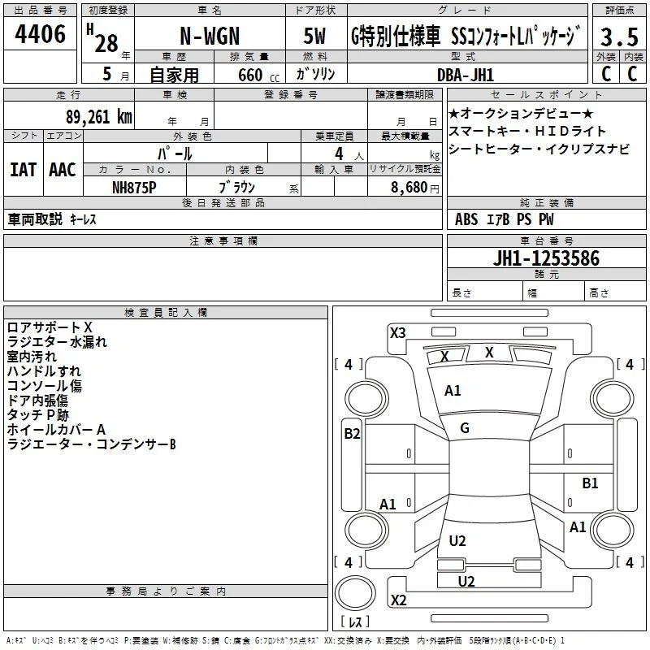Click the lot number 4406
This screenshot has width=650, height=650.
[40, 34]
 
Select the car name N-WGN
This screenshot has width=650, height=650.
[210, 36]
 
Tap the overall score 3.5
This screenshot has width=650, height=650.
[619, 37]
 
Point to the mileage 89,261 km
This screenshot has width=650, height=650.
[98, 116]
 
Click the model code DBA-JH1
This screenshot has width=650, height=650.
[466, 75]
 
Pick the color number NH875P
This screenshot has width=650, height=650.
[134, 188]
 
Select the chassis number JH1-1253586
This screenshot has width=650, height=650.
[546, 258]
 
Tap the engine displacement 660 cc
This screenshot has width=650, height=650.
[258, 75]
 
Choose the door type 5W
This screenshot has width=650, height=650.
[314, 36]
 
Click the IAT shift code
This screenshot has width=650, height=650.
[24, 170]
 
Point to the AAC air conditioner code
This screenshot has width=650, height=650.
[63, 170]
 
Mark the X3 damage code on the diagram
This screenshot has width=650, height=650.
[398, 332]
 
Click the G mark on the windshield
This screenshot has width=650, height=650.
[465, 428]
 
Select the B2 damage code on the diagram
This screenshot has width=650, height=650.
[352, 434]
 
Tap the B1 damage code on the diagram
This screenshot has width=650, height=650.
[590, 483]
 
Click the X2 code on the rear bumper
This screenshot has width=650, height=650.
[398, 600]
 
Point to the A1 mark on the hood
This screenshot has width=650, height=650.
[453, 391]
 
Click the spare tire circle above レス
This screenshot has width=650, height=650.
[355, 593]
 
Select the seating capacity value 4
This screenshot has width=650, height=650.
[339, 154]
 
